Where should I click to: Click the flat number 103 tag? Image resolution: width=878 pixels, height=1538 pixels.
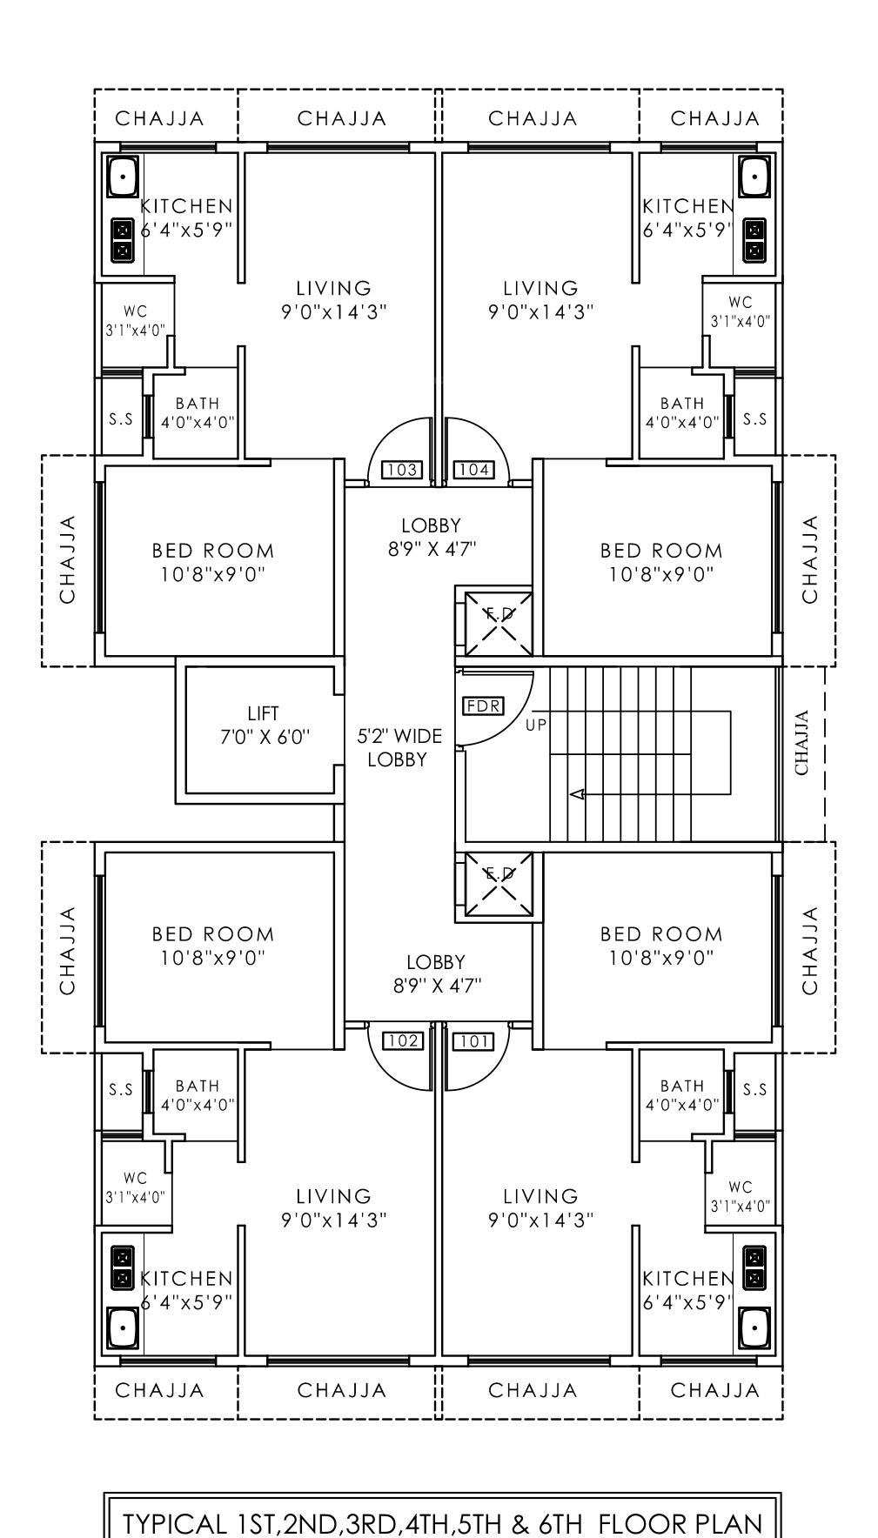tap(401, 471)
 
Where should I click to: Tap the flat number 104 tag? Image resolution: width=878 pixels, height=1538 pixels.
tap(473, 471)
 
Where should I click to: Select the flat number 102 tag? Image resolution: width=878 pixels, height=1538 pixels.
tap(402, 1040)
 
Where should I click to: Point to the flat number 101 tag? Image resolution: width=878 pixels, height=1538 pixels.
tap(473, 1040)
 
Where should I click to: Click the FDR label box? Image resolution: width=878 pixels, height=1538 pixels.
tap(484, 705)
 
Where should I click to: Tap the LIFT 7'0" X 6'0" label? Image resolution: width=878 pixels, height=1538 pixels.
tap(263, 726)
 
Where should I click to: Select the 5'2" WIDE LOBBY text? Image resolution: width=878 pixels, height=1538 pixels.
tap(399, 747)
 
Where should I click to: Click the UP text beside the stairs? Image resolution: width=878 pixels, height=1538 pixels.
tap(536, 724)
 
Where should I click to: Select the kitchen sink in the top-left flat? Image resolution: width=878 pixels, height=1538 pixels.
tap(123, 177)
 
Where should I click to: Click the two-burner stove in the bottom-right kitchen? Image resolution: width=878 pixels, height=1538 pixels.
tap(754, 1267)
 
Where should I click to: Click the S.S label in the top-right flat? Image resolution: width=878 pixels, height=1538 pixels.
tap(755, 418)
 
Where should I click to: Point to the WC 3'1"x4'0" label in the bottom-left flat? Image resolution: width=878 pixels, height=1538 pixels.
tap(135, 1187)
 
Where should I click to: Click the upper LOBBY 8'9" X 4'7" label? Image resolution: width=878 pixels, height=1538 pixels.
tap(432, 536)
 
